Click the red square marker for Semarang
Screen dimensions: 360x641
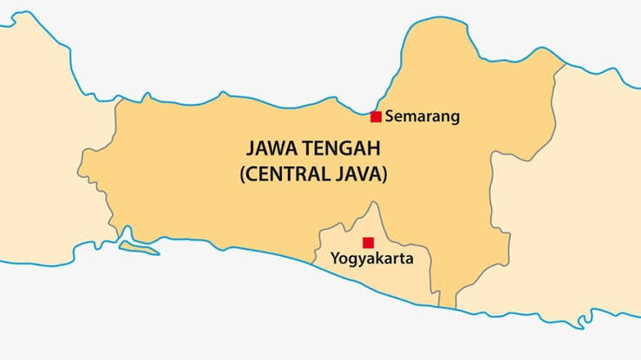pyautogui.click(x=376, y=117)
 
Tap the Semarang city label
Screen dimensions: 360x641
pyautogui.click(x=422, y=115)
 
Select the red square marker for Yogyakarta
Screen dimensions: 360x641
pyautogui.click(x=368, y=243)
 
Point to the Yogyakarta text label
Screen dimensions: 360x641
pyautogui.click(x=372, y=259)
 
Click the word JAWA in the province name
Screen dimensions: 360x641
pyautogui.click(x=274, y=147)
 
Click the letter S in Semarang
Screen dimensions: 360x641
pyautogui.click(x=389, y=115)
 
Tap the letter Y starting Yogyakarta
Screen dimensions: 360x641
pyautogui.click(x=335, y=258)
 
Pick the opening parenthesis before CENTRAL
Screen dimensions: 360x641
pyautogui.click(x=242, y=173)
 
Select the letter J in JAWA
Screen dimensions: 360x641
pyautogui.click(x=250, y=147)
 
